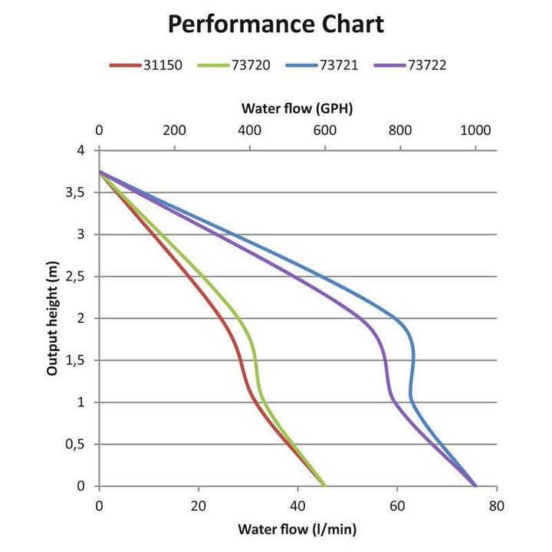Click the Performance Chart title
[x=276, y=24]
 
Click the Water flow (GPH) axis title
[x=297, y=108]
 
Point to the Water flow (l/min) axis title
[x=297, y=529]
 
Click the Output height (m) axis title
[x=52, y=318]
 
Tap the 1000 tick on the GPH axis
[x=475, y=130]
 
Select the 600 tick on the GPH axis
[x=325, y=130]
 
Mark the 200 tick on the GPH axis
[x=174, y=130]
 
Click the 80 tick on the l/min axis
[x=497, y=507]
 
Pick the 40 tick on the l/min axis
[x=297, y=507]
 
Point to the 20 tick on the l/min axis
[x=199, y=507]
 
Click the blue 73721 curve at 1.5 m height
[x=414, y=360]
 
